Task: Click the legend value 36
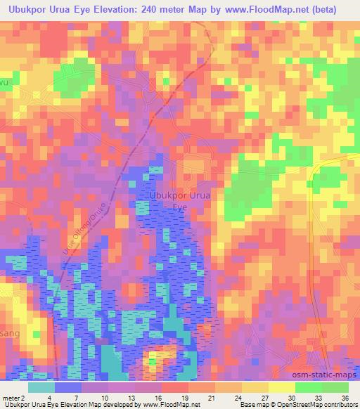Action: click(x=345, y=398)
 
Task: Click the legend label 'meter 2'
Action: click(x=13, y=398)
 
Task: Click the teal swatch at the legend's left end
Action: click(x=41, y=387)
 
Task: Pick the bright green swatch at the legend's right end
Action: click(x=335, y=387)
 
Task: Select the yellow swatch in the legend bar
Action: click(x=282, y=387)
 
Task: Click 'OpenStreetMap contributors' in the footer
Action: click(x=317, y=405)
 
